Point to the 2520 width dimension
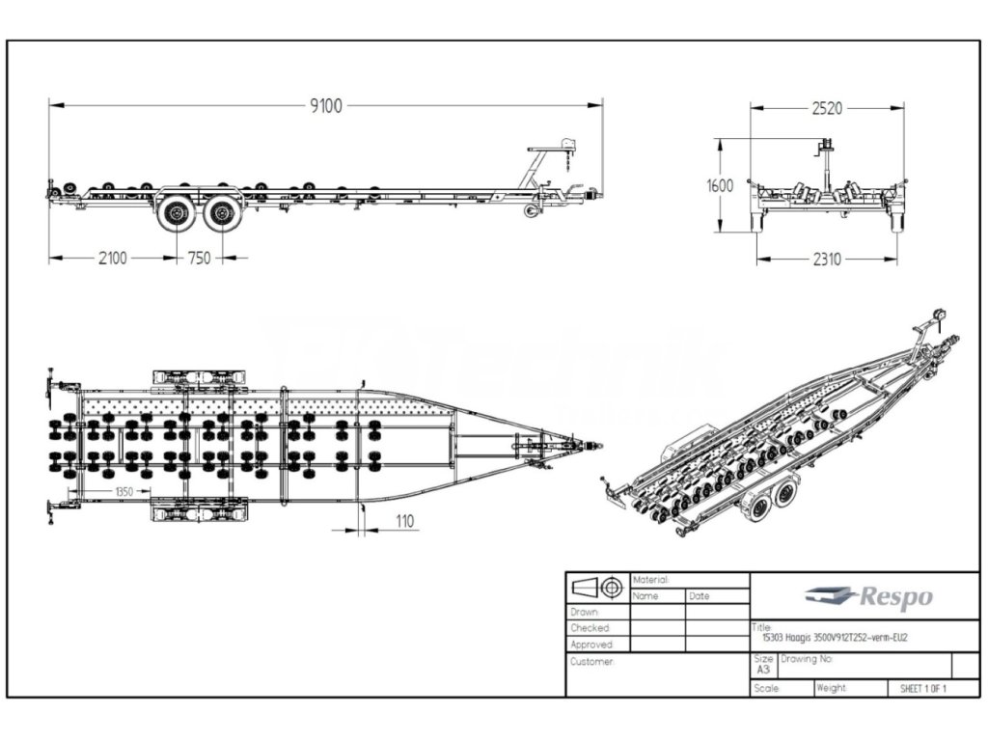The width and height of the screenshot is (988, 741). pos(826,108)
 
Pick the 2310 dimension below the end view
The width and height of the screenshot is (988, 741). pos(826,259)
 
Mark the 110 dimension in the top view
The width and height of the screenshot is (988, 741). pos(403,521)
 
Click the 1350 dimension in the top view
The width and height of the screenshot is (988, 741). pos(123,491)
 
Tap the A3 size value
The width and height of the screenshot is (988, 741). pos(762,669)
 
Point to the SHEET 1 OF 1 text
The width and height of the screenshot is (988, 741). pos(922,689)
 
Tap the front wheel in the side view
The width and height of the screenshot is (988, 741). pos(223,214)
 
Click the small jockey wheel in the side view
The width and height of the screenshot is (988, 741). pos(531,210)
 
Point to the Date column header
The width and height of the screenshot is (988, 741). pos(700,596)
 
